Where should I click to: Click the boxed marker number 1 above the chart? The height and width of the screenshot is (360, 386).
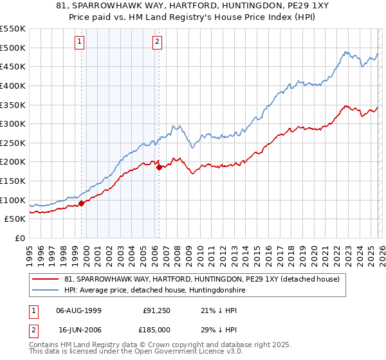(x=80, y=42)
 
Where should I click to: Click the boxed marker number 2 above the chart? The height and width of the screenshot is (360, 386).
(x=157, y=42)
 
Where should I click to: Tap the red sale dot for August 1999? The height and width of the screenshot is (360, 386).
(x=81, y=204)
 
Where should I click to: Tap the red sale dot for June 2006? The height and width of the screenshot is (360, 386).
(x=159, y=168)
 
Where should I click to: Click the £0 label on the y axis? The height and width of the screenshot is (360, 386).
(x=19, y=239)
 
